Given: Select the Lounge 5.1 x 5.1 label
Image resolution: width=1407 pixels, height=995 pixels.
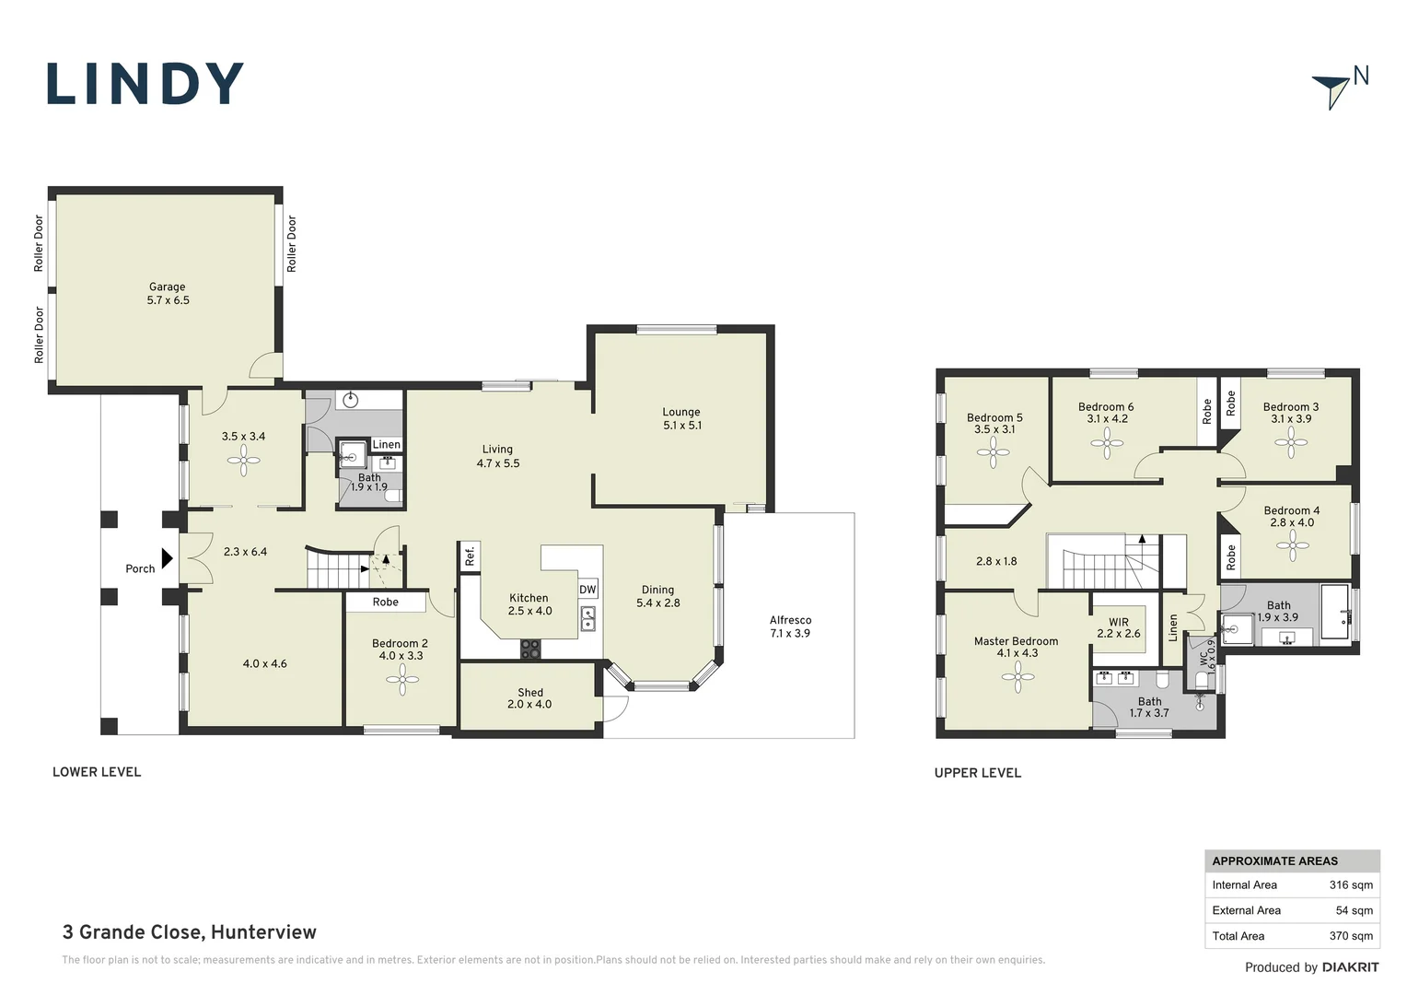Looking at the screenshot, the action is (x=682, y=418).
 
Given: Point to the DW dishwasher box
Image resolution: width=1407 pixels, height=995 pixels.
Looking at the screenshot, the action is (x=587, y=589).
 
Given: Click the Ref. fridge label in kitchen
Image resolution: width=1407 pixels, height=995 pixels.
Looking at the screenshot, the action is (x=470, y=556).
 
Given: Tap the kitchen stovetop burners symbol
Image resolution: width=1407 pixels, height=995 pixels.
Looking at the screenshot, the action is (x=530, y=649).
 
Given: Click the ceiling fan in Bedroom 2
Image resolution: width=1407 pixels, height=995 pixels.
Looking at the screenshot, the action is (x=402, y=680).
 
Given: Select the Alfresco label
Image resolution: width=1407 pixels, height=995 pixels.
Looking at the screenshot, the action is (x=790, y=626).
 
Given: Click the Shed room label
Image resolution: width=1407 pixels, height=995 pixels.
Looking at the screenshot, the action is (x=529, y=698).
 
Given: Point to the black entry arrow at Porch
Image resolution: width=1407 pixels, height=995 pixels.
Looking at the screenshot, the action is (x=167, y=558).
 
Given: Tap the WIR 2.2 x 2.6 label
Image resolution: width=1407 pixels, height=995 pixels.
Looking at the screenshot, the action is (x=1119, y=628).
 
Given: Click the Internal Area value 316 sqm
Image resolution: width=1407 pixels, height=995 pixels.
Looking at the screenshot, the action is (x=1351, y=885).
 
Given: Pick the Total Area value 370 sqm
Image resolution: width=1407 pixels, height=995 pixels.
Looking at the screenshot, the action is (x=1351, y=936).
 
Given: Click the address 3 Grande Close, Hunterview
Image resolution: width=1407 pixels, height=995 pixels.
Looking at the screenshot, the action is (x=189, y=932).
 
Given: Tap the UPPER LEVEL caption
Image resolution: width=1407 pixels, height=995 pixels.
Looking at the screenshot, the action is (x=977, y=772).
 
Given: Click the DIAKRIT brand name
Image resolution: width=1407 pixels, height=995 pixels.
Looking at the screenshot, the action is (x=1351, y=967).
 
